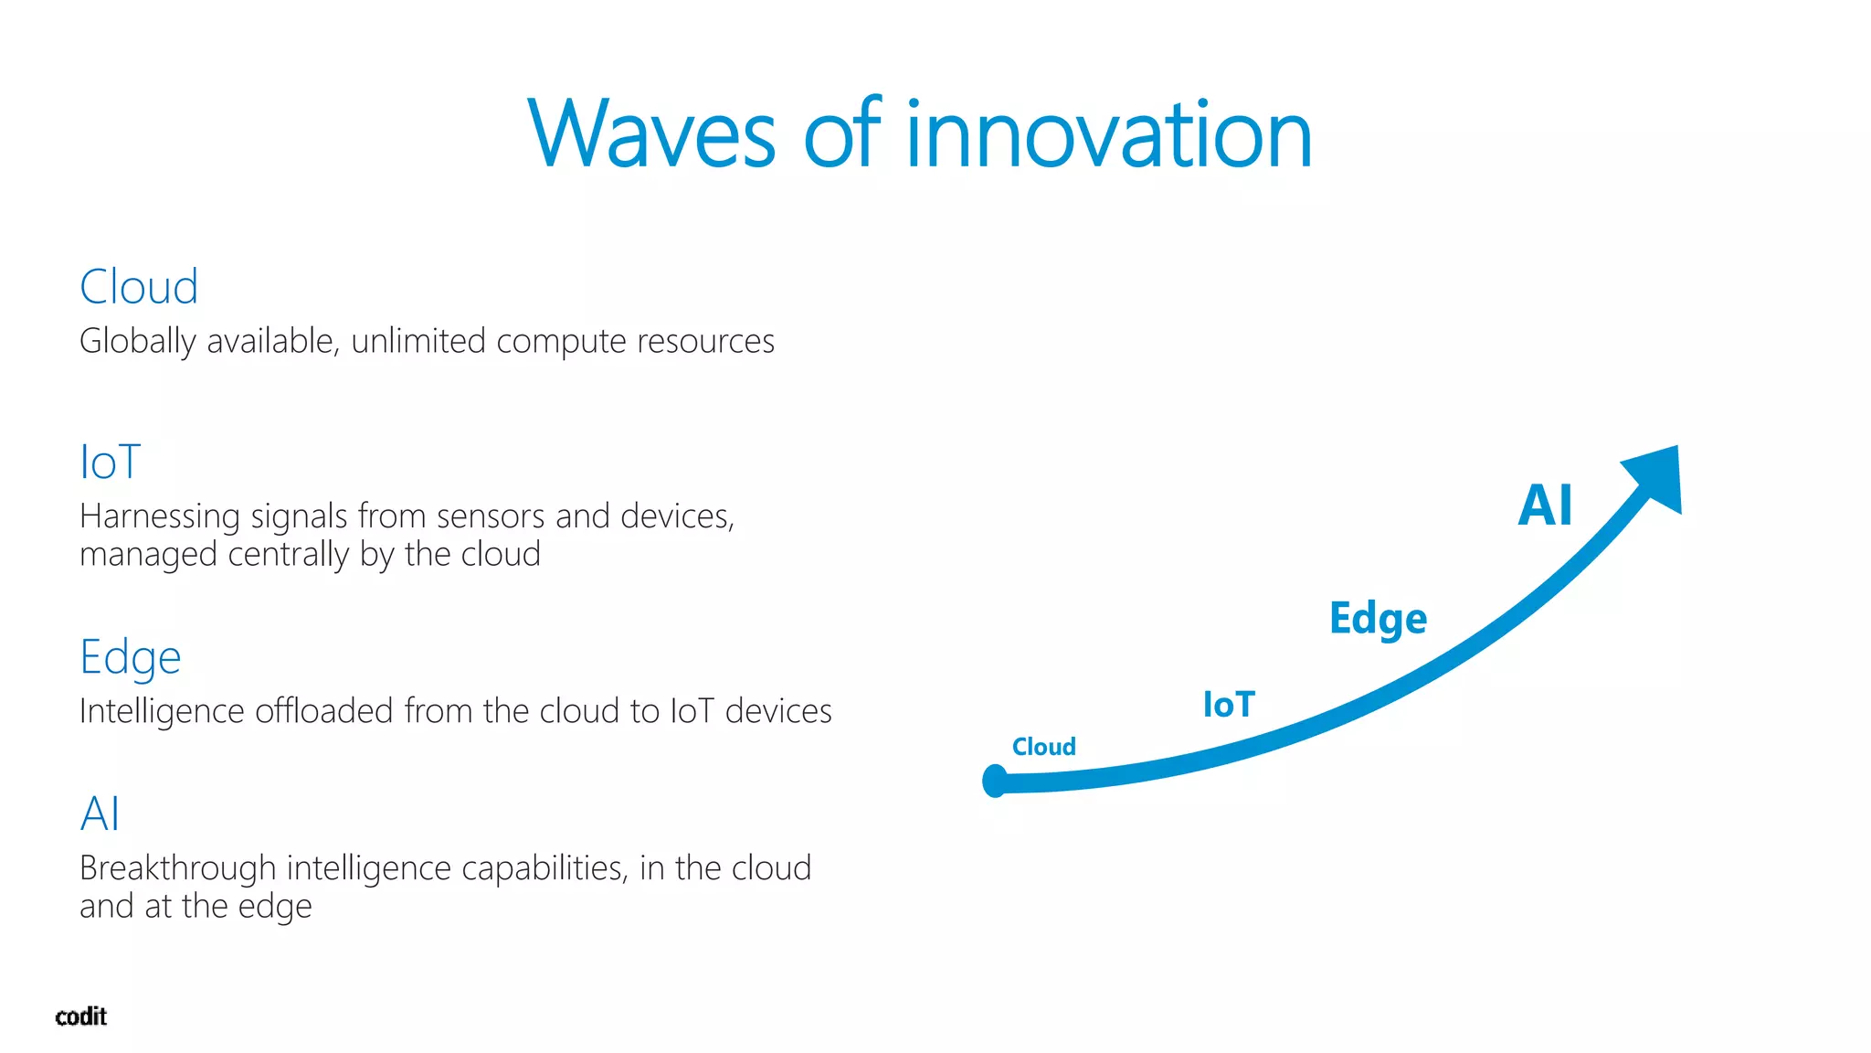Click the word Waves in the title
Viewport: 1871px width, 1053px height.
tap(651, 134)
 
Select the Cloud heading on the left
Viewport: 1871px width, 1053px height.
tap(139, 287)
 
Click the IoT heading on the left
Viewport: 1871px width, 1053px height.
tap(110, 462)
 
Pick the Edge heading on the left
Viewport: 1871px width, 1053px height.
tap(130, 657)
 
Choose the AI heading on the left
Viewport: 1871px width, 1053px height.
tap(100, 814)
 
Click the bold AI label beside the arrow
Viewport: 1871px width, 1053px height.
tap(1545, 505)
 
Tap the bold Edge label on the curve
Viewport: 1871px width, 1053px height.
tap(1378, 619)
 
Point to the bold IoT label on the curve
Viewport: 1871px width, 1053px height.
tap(1229, 705)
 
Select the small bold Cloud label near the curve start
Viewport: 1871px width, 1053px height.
tap(1043, 747)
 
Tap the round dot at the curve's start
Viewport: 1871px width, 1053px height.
tap(995, 781)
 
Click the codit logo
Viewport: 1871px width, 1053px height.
tap(80, 1016)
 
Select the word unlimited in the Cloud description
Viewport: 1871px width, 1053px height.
tap(418, 341)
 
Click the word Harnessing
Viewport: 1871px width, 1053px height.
tap(160, 516)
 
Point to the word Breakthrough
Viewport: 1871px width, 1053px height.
tap(177, 868)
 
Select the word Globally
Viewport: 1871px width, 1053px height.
tap(137, 341)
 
